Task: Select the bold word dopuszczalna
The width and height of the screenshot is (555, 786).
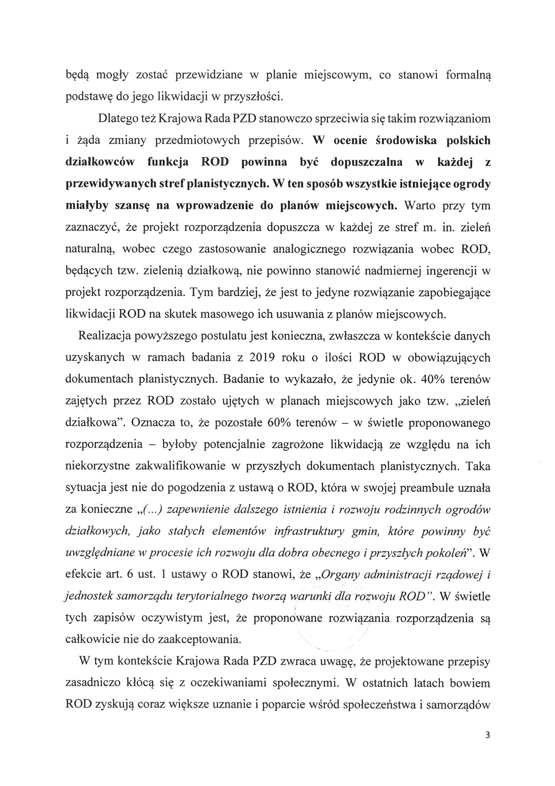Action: (367, 162)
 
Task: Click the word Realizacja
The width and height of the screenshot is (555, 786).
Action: (105, 336)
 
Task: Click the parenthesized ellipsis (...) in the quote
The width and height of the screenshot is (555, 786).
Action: (151, 510)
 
